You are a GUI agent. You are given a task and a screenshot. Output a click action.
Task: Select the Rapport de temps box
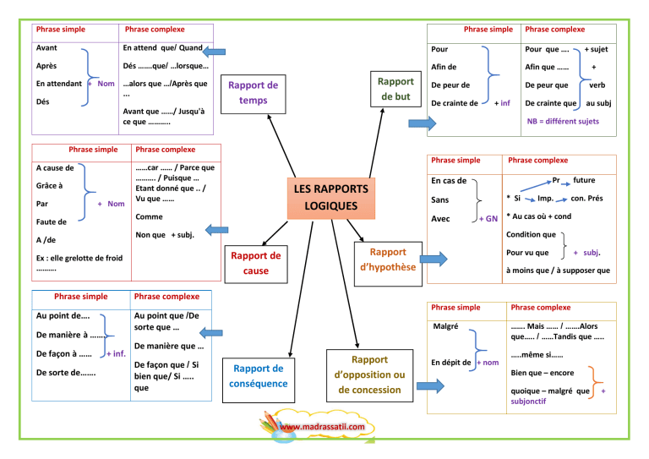click(x=253, y=93)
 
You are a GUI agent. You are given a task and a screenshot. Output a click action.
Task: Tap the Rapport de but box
click(x=395, y=89)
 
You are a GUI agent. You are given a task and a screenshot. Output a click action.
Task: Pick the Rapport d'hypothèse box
click(x=388, y=260)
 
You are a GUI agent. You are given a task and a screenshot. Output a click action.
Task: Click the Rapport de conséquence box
click(x=259, y=376)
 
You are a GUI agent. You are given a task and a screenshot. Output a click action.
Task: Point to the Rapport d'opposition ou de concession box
click(x=369, y=374)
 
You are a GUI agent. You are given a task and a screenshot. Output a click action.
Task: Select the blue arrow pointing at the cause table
click(x=216, y=228)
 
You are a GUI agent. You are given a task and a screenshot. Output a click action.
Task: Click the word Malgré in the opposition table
click(x=444, y=325)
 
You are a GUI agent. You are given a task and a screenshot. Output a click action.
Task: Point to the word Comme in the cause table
click(x=149, y=217)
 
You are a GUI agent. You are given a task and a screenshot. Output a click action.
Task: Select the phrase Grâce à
click(x=50, y=185)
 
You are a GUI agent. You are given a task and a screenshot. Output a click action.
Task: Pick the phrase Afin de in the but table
click(x=444, y=67)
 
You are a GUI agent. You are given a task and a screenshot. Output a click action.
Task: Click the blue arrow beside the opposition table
click(x=429, y=386)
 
